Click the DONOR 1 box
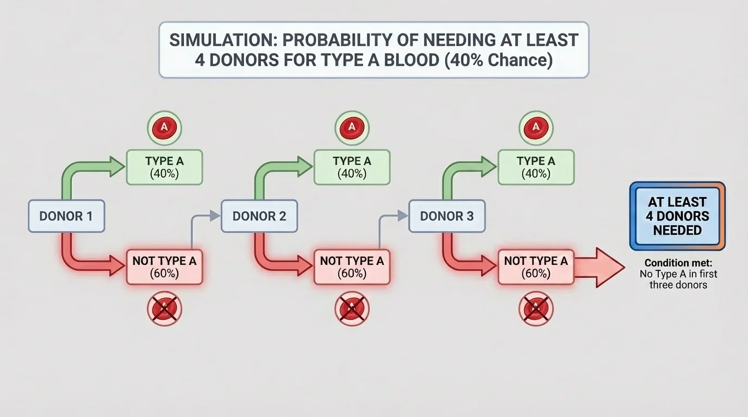[x=66, y=216]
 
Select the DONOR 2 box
[x=259, y=216]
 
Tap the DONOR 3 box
[x=446, y=216]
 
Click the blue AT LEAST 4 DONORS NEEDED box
[x=677, y=216]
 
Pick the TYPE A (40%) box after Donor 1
[x=164, y=167]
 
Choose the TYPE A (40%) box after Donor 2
[x=352, y=167]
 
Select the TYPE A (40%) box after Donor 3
[x=535, y=167]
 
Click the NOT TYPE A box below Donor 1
[x=164, y=267]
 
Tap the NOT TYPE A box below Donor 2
[x=352, y=267]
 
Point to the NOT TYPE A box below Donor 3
[x=535, y=267]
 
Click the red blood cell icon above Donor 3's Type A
[x=536, y=128]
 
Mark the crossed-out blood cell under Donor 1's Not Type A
[x=164, y=308]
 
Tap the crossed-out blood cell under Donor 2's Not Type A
[x=352, y=308]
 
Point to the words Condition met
[x=678, y=263]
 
